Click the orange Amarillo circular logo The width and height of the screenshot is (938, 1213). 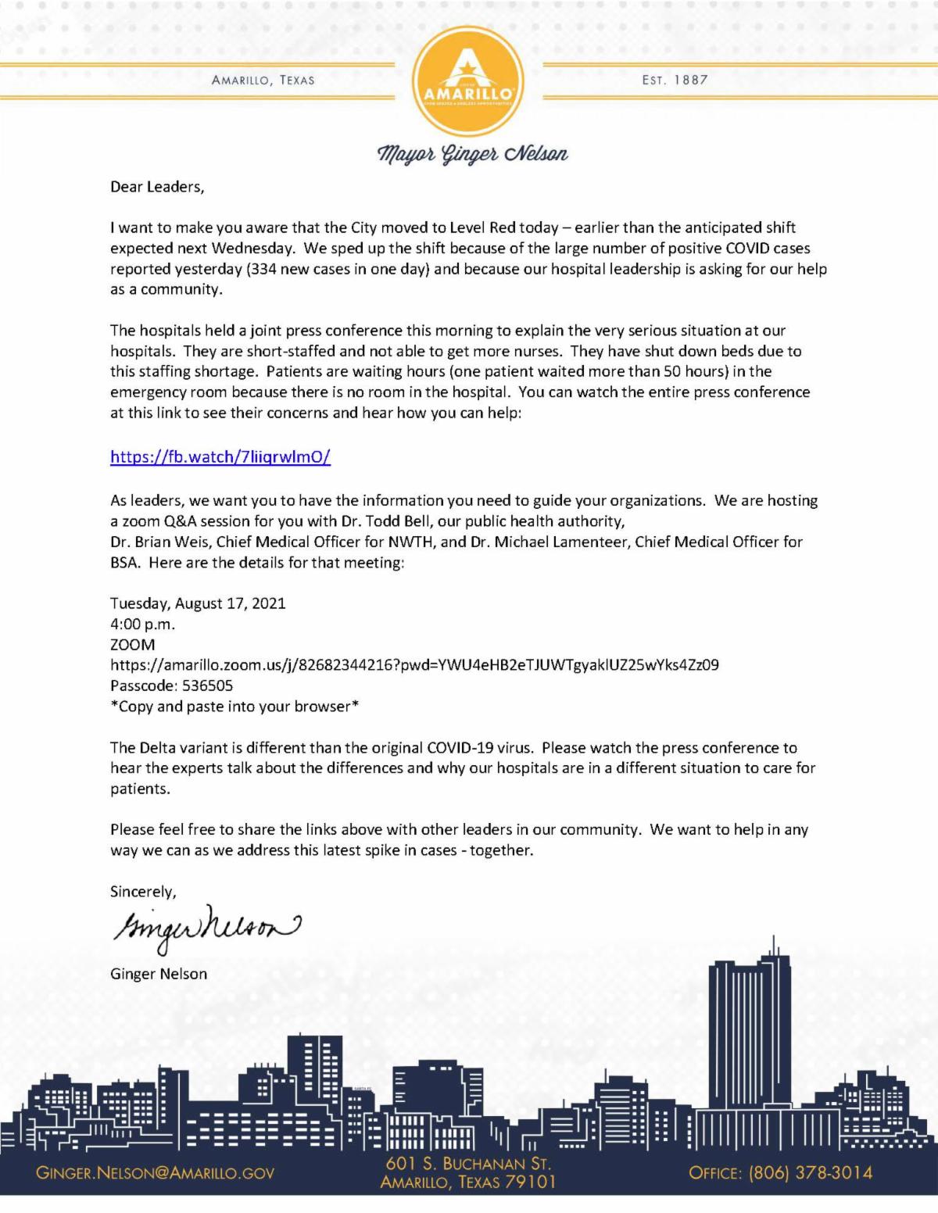pos(468,78)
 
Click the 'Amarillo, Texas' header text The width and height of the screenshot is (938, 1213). pos(263,80)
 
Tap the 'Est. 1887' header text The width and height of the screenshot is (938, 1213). pos(675,80)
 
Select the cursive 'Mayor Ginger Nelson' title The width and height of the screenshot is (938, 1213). pos(473,153)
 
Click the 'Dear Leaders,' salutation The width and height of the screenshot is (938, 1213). pos(157,187)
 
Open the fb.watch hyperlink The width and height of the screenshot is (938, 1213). pos(220,457)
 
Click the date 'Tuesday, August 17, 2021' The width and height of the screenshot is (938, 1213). pos(198,603)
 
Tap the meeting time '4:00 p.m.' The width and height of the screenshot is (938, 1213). pos(142,624)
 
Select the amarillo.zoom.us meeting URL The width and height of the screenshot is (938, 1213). pos(414,665)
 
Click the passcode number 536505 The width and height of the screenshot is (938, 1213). pos(207,685)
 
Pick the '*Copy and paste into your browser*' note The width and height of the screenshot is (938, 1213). pos(234,707)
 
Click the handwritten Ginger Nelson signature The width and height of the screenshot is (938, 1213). pos(203,929)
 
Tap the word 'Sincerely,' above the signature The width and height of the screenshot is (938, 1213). pos(143,891)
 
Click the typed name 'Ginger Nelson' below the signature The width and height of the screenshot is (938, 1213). pos(159,974)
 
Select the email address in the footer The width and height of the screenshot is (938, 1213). pos(155,1173)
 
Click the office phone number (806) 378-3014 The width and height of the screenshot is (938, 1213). pos(810,1172)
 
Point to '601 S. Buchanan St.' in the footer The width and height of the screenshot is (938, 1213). pos(467,1164)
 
